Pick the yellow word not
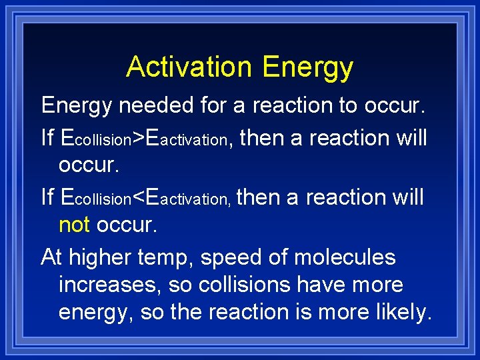(x=74, y=225)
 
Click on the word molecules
(x=344, y=257)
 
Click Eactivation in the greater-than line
(x=189, y=139)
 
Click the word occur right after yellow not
(x=127, y=225)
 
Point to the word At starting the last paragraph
(x=52, y=257)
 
